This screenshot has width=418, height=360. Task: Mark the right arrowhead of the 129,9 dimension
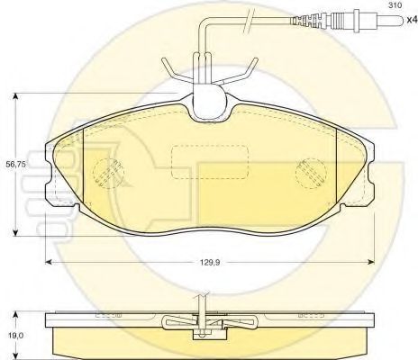click(x=374, y=261)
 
